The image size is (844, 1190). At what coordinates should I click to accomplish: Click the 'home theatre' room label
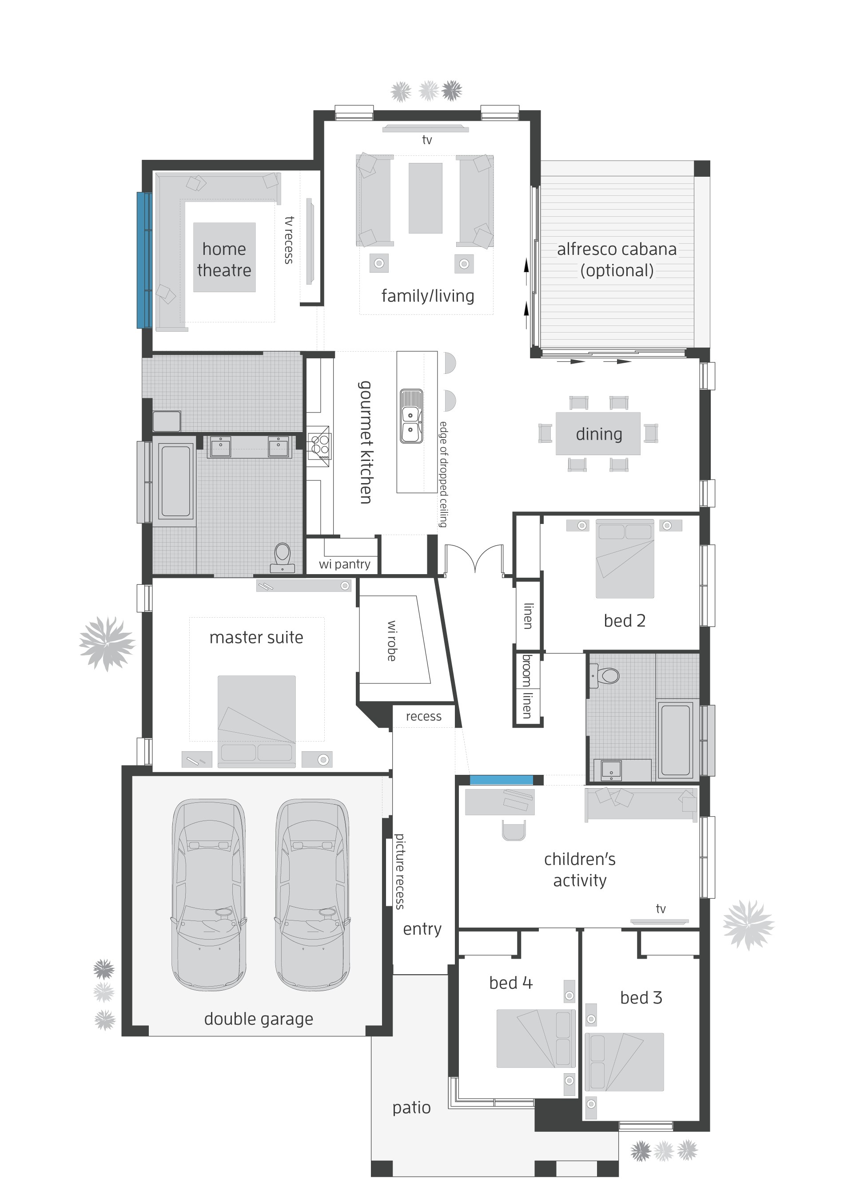224,259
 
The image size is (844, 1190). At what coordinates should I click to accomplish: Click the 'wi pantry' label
345,564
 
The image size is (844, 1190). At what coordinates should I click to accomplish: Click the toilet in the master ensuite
283,557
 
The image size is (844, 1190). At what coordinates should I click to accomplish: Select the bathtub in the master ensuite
175,481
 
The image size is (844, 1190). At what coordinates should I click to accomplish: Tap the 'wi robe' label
392,640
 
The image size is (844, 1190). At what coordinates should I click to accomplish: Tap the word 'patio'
411,1107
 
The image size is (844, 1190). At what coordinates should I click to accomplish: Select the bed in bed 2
625,559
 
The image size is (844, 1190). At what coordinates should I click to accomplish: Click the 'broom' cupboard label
527,670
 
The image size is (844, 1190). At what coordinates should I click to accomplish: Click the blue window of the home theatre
144,260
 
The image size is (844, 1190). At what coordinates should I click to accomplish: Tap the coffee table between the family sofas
425,198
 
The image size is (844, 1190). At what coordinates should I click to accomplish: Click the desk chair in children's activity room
514,830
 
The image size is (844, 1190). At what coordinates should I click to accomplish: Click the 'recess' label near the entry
424,717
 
